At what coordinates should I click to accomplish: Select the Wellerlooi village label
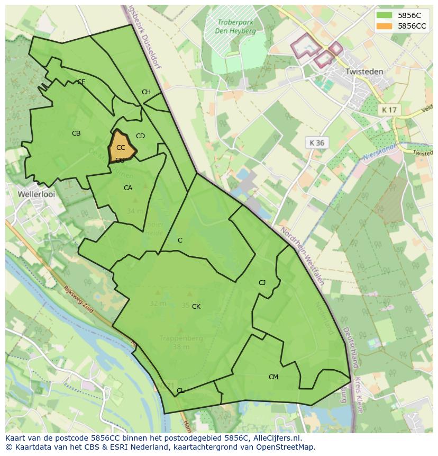pyautogui.click(x=36, y=194)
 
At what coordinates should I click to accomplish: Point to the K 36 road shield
pyautogui.click(x=316, y=142)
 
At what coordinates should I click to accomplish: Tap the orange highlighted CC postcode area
pyautogui.click(x=121, y=147)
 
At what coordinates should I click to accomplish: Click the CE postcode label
pyautogui.click(x=81, y=82)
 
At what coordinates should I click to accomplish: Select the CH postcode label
pyautogui.click(x=146, y=92)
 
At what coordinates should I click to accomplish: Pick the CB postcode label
pyautogui.click(x=76, y=133)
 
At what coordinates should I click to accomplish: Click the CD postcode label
pyautogui.click(x=140, y=136)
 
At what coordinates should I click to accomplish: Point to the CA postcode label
pyautogui.click(x=128, y=188)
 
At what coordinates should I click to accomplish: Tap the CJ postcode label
pyautogui.click(x=262, y=282)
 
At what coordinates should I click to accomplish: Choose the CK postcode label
pyautogui.click(x=196, y=307)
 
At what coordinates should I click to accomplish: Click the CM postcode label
pyautogui.click(x=273, y=377)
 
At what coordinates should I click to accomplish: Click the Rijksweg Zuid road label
pyautogui.click(x=78, y=300)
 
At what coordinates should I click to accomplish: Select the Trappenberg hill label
pyautogui.click(x=180, y=338)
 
